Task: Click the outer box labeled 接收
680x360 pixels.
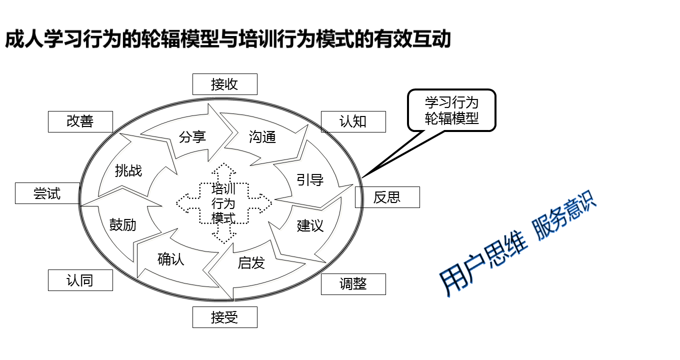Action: [x=225, y=84]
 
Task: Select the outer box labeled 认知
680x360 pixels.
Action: [x=353, y=121]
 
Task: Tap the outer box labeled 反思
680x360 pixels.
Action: [x=387, y=197]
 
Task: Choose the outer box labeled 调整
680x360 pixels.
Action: [x=353, y=284]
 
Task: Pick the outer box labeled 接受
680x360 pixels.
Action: [x=225, y=317]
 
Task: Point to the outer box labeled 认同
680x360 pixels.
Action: [x=80, y=280]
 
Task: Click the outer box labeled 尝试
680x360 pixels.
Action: [x=47, y=193]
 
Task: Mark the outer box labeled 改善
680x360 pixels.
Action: [x=80, y=121]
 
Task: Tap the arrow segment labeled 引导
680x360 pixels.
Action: [x=310, y=180]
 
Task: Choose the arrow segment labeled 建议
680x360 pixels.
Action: [x=310, y=225]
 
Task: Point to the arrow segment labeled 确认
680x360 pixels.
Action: [x=171, y=259]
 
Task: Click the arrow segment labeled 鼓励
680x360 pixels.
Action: [x=123, y=225]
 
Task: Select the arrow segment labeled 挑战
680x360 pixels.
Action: [x=128, y=171]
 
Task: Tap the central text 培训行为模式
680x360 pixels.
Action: [x=223, y=203]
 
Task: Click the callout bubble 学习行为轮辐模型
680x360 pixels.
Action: [x=451, y=110]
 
